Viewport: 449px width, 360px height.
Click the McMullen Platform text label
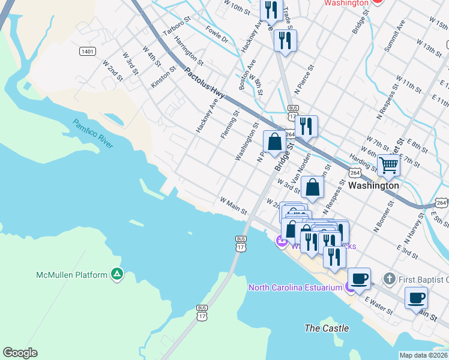coord(71,275)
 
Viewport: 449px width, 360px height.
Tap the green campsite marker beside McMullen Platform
coord(117,275)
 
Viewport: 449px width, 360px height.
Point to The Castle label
coord(327,328)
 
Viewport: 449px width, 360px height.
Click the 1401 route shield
coord(87,52)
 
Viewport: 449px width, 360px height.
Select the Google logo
coord(20,353)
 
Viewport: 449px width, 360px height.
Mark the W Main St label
coord(234,206)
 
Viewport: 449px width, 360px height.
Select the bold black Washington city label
coord(373,185)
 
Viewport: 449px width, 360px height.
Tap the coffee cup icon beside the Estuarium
coord(359,278)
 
